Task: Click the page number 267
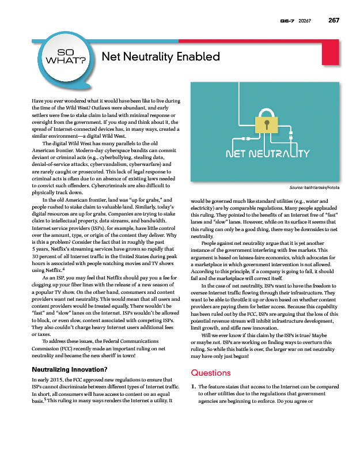pyautogui.click(x=334, y=21)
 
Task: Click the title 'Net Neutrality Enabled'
pyautogui.click(x=161, y=56)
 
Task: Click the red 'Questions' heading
pyautogui.click(x=210, y=373)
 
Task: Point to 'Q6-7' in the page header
pyautogui.click(x=288, y=21)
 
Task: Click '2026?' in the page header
pyautogui.click(x=305, y=21)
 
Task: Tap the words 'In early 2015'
pyautogui.click(x=46, y=379)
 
